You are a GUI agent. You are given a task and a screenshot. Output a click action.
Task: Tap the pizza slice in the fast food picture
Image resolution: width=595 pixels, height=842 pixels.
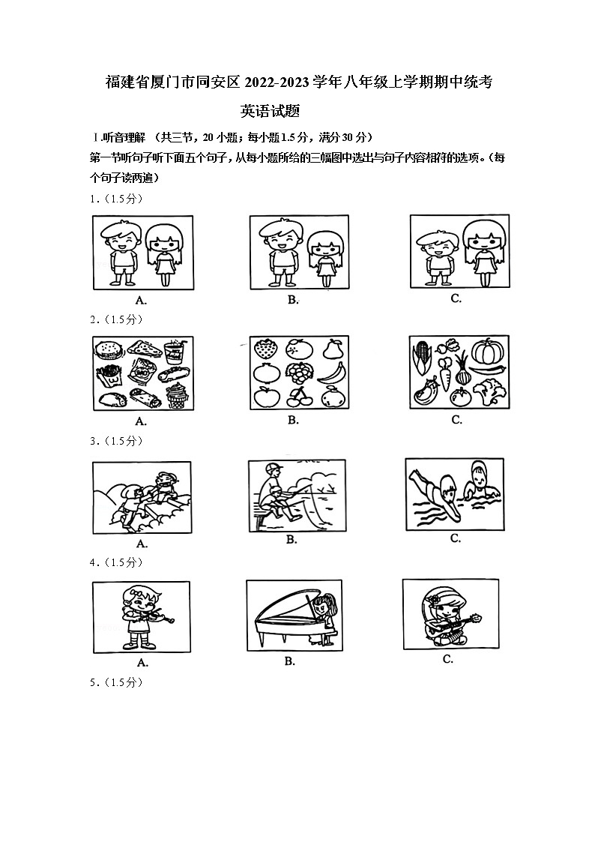pos(140,348)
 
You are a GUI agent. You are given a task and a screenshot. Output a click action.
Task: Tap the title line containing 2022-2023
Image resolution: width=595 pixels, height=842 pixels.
pos(297,83)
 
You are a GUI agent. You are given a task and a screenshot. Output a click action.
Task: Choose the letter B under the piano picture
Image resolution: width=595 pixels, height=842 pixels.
pos(290,661)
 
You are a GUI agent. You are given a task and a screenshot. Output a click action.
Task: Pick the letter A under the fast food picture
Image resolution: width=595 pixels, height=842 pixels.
pos(140,421)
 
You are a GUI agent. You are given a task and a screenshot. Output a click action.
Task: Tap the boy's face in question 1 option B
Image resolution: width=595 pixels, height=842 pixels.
pos(277,239)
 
